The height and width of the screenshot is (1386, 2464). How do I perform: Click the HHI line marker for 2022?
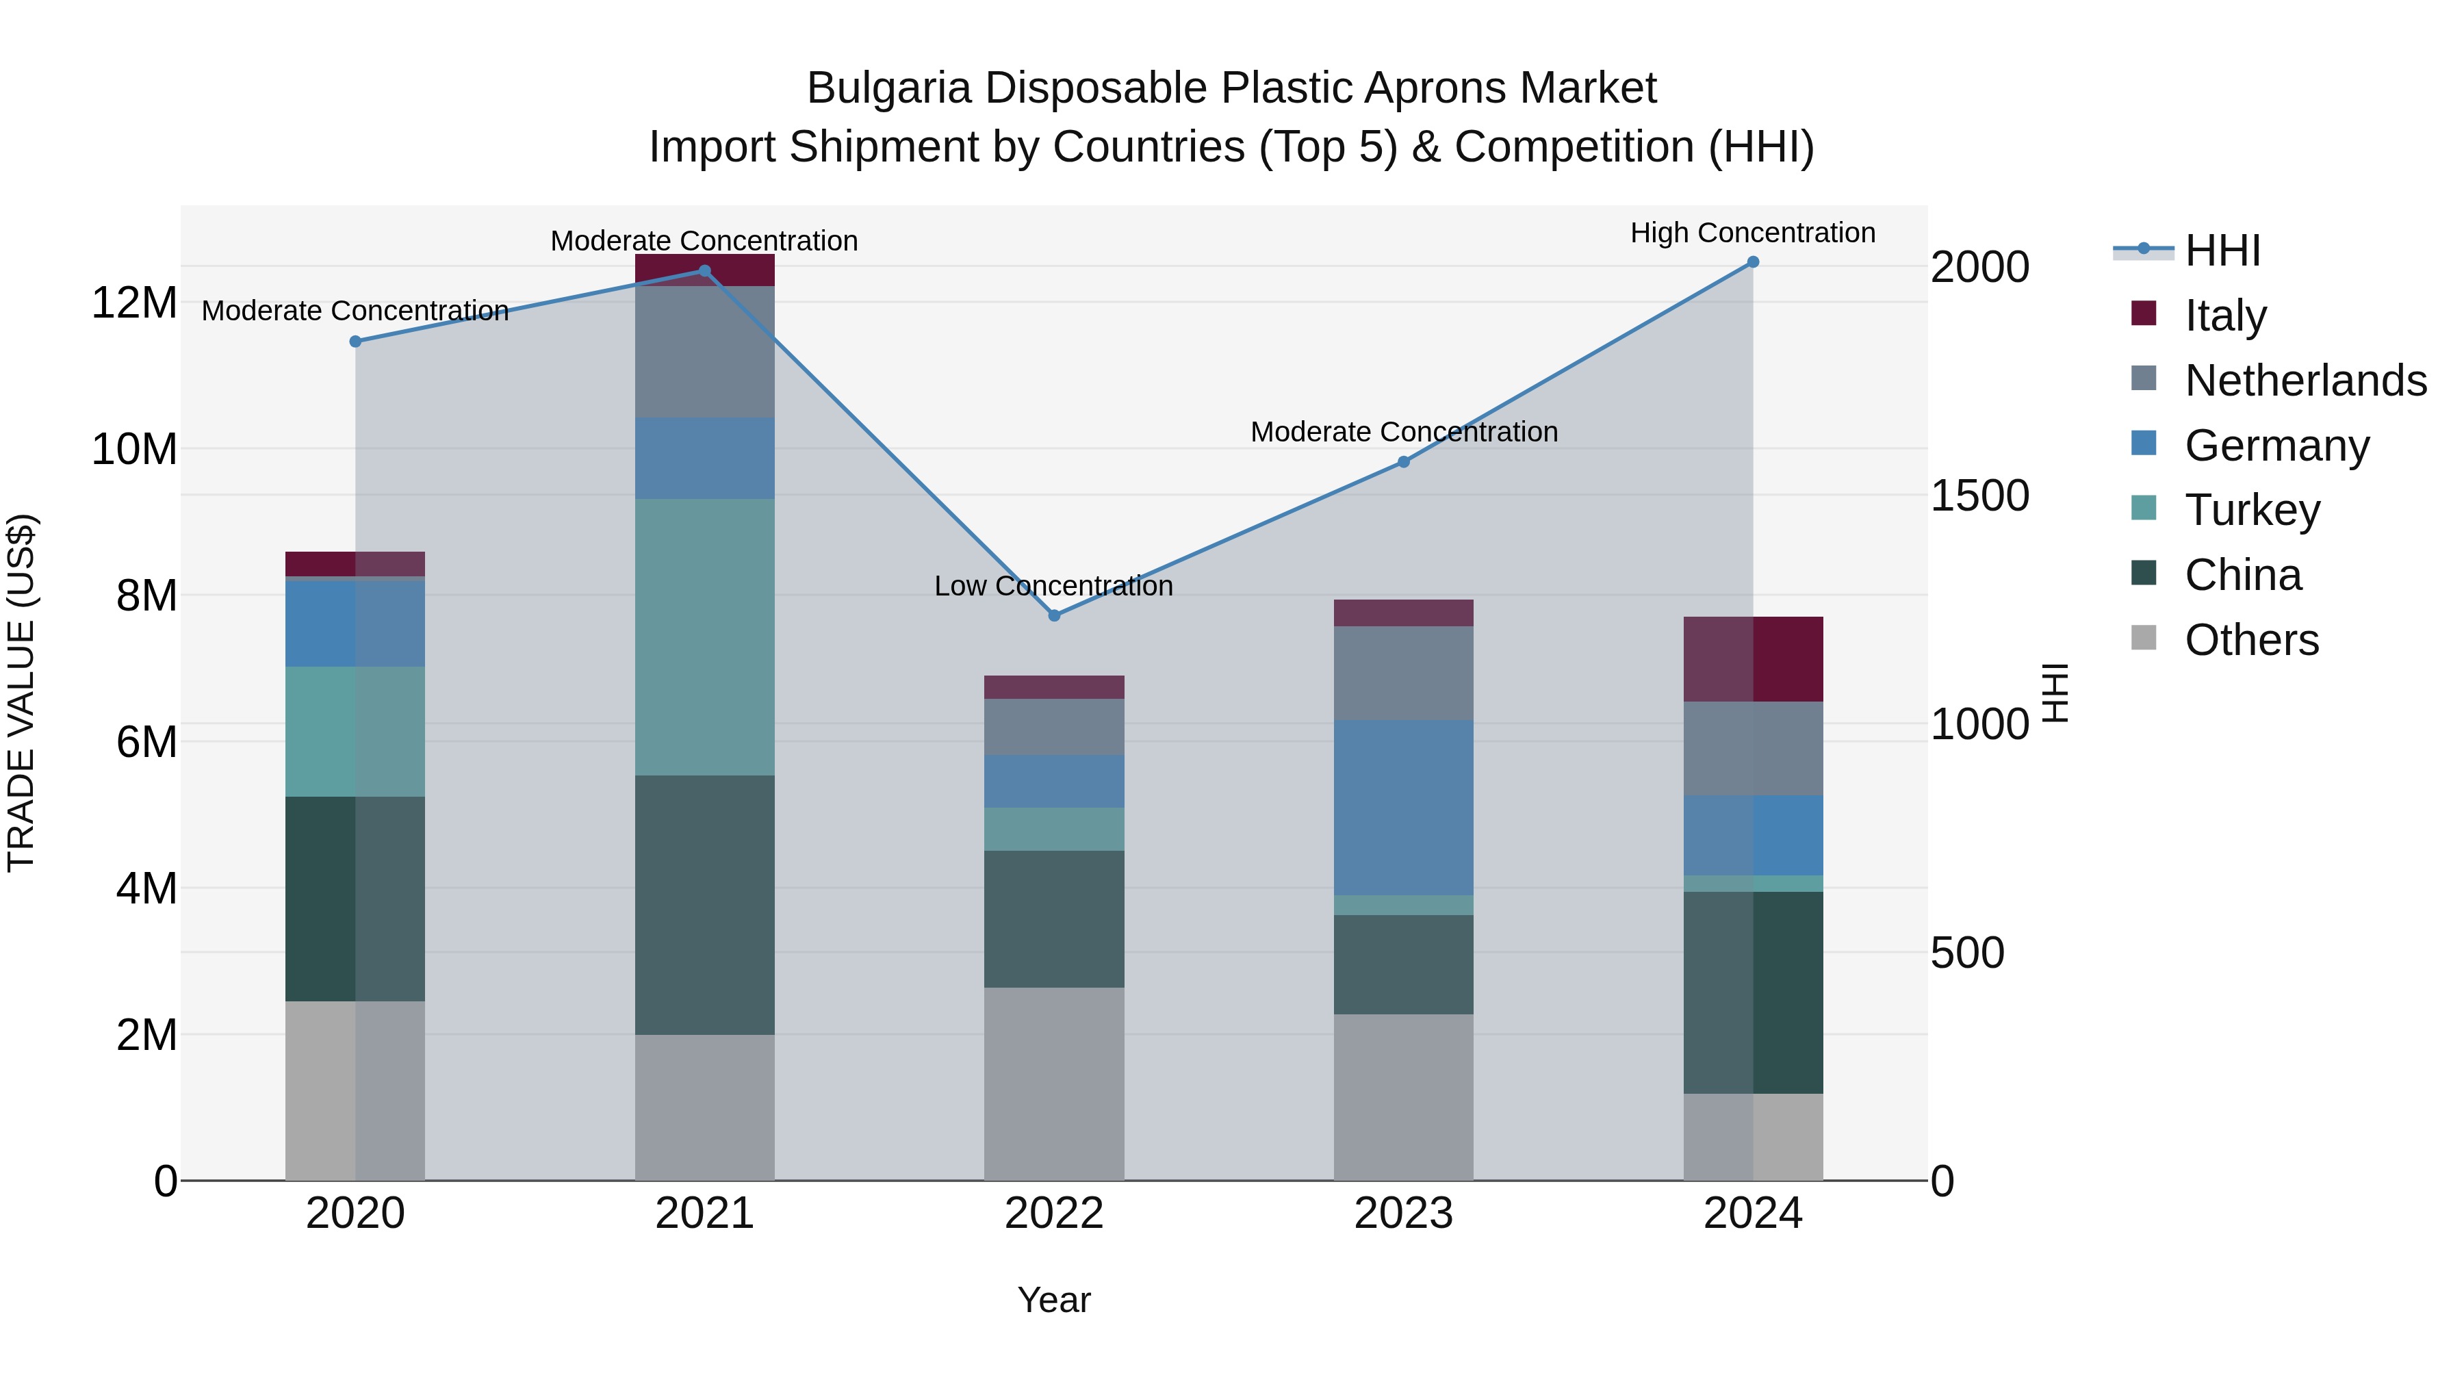1054,616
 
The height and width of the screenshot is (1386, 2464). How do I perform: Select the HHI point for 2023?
1403,462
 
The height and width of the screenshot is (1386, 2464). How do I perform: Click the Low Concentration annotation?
1053,585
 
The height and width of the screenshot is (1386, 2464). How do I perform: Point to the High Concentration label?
1752,233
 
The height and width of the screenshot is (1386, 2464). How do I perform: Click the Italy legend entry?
2225,315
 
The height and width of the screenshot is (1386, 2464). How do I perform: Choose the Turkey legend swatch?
2144,508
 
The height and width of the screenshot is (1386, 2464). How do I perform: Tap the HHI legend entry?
2221,251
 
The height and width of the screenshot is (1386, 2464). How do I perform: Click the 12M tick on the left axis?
134,303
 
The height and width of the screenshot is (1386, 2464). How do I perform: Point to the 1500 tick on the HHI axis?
1979,496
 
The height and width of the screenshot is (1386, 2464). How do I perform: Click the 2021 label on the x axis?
704,1214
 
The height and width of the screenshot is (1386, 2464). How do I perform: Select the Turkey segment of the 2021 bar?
704,636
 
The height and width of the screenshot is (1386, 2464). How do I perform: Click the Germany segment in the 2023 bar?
1403,808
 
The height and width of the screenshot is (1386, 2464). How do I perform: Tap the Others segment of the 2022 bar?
1054,1083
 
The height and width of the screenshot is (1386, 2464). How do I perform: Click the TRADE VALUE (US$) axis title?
21,693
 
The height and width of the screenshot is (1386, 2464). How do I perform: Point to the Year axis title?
1053,1300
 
